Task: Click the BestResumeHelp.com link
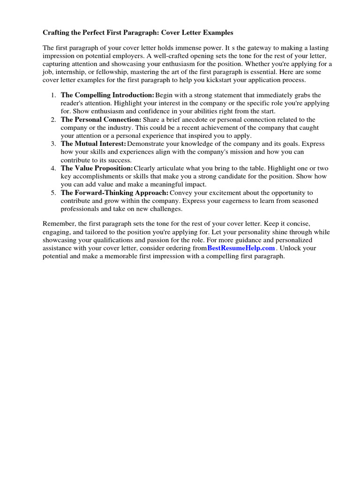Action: click(x=241, y=248)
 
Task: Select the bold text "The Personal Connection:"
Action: click(x=101, y=120)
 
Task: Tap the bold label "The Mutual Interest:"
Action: click(x=93, y=144)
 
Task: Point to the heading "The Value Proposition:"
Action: click(x=97, y=168)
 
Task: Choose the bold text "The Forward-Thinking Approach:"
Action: click(x=114, y=193)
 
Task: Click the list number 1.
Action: click(x=53, y=95)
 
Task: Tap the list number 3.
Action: click(x=53, y=144)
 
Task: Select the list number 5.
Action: click(x=53, y=193)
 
